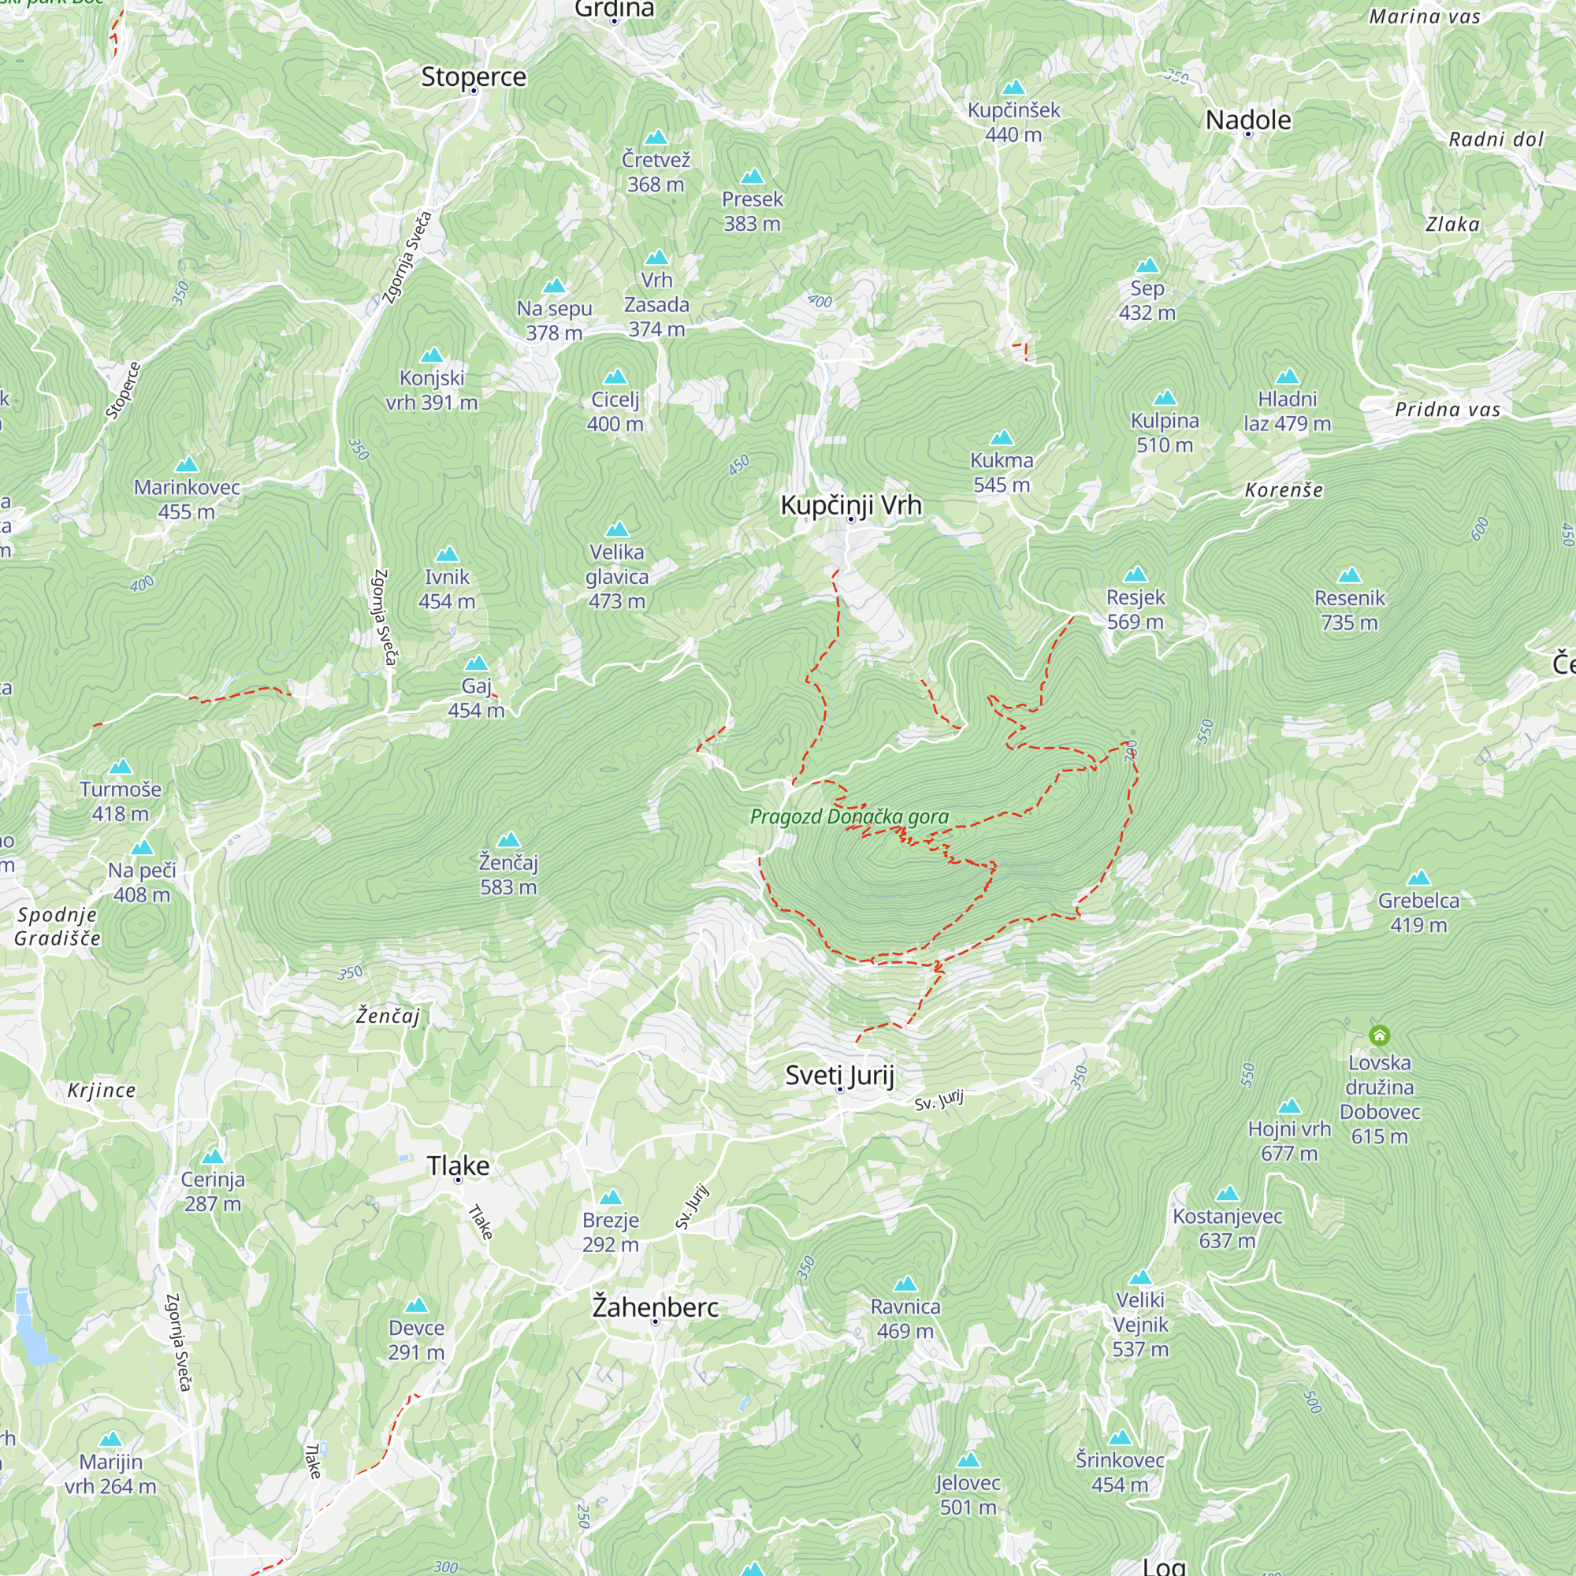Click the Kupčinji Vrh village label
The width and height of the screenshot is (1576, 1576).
pyautogui.click(x=851, y=505)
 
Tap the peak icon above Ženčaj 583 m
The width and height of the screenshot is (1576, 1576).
pyautogui.click(x=508, y=840)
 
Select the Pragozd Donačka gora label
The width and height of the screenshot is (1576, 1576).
pyautogui.click(x=849, y=816)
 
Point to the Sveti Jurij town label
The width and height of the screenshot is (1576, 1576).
pyautogui.click(x=839, y=1075)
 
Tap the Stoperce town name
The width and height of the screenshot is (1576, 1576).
pyautogui.click(x=473, y=76)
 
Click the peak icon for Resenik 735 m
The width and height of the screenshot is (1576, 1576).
pyautogui.click(x=1349, y=576)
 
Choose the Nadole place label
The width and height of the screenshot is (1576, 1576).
pyautogui.click(x=1247, y=120)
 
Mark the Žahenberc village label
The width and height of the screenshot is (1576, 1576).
pyautogui.click(x=655, y=1307)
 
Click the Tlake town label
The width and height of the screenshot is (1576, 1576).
pyautogui.click(x=458, y=1165)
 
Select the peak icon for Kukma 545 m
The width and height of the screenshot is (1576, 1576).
pyautogui.click(x=1001, y=438)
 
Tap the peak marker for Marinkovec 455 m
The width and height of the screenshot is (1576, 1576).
pyautogui.click(x=187, y=465)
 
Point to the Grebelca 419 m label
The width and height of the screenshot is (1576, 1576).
pyautogui.click(x=1418, y=912)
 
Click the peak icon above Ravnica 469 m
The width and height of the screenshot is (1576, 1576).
pyautogui.click(x=905, y=1284)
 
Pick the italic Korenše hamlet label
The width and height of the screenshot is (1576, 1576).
pyautogui.click(x=1283, y=490)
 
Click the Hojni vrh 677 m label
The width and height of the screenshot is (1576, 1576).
pyautogui.click(x=1289, y=1140)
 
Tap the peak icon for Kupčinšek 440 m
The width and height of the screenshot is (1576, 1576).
pyautogui.click(x=1013, y=87)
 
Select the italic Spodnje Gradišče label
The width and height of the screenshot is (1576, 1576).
pyautogui.click(x=57, y=926)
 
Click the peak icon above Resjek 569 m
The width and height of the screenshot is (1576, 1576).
pyautogui.click(x=1135, y=575)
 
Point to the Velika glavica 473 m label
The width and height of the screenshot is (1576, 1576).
pyautogui.click(x=617, y=576)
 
